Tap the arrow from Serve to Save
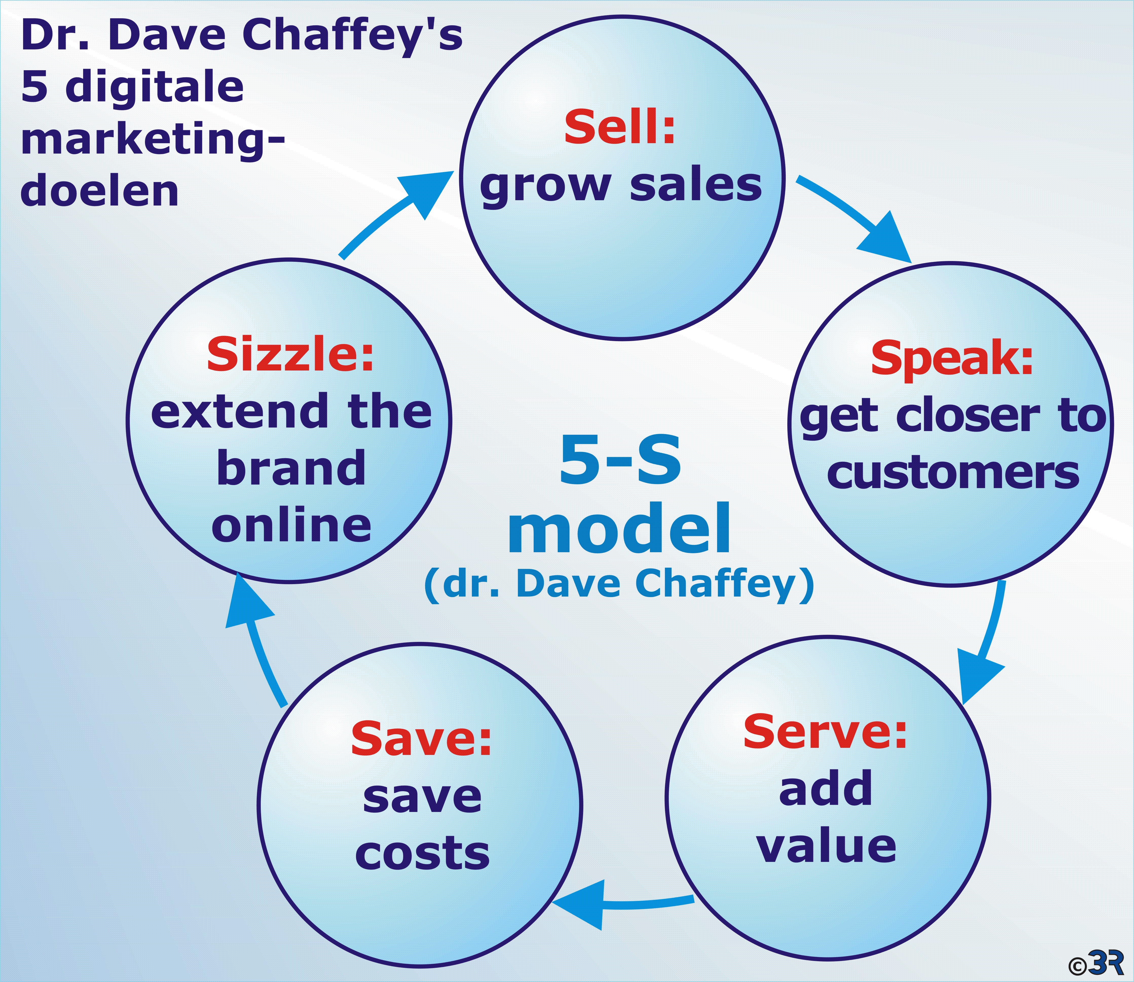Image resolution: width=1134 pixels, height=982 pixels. point(622,904)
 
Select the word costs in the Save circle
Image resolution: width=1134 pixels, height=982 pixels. point(422,854)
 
